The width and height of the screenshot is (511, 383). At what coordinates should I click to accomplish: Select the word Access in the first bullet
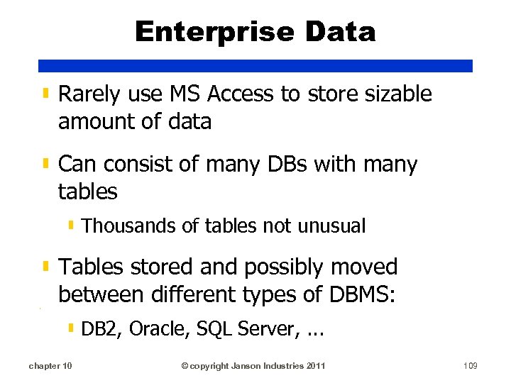point(240,94)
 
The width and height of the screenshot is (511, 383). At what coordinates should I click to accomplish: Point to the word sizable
point(397,94)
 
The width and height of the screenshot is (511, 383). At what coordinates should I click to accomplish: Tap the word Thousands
point(128,226)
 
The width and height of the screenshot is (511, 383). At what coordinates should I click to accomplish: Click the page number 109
point(469,365)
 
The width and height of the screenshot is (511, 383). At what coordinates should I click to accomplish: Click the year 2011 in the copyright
point(314,365)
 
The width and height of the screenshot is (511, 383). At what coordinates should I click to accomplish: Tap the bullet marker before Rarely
point(45,93)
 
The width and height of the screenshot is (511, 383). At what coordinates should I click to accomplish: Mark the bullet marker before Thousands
point(72,226)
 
